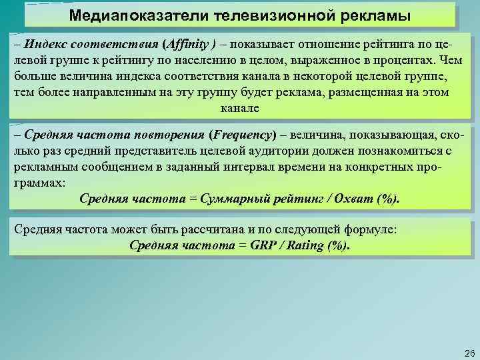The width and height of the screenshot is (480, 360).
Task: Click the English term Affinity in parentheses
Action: click(189, 45)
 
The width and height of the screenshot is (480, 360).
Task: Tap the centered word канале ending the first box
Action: click(239, 108)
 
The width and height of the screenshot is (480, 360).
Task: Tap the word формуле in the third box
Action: click(371, 229)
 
